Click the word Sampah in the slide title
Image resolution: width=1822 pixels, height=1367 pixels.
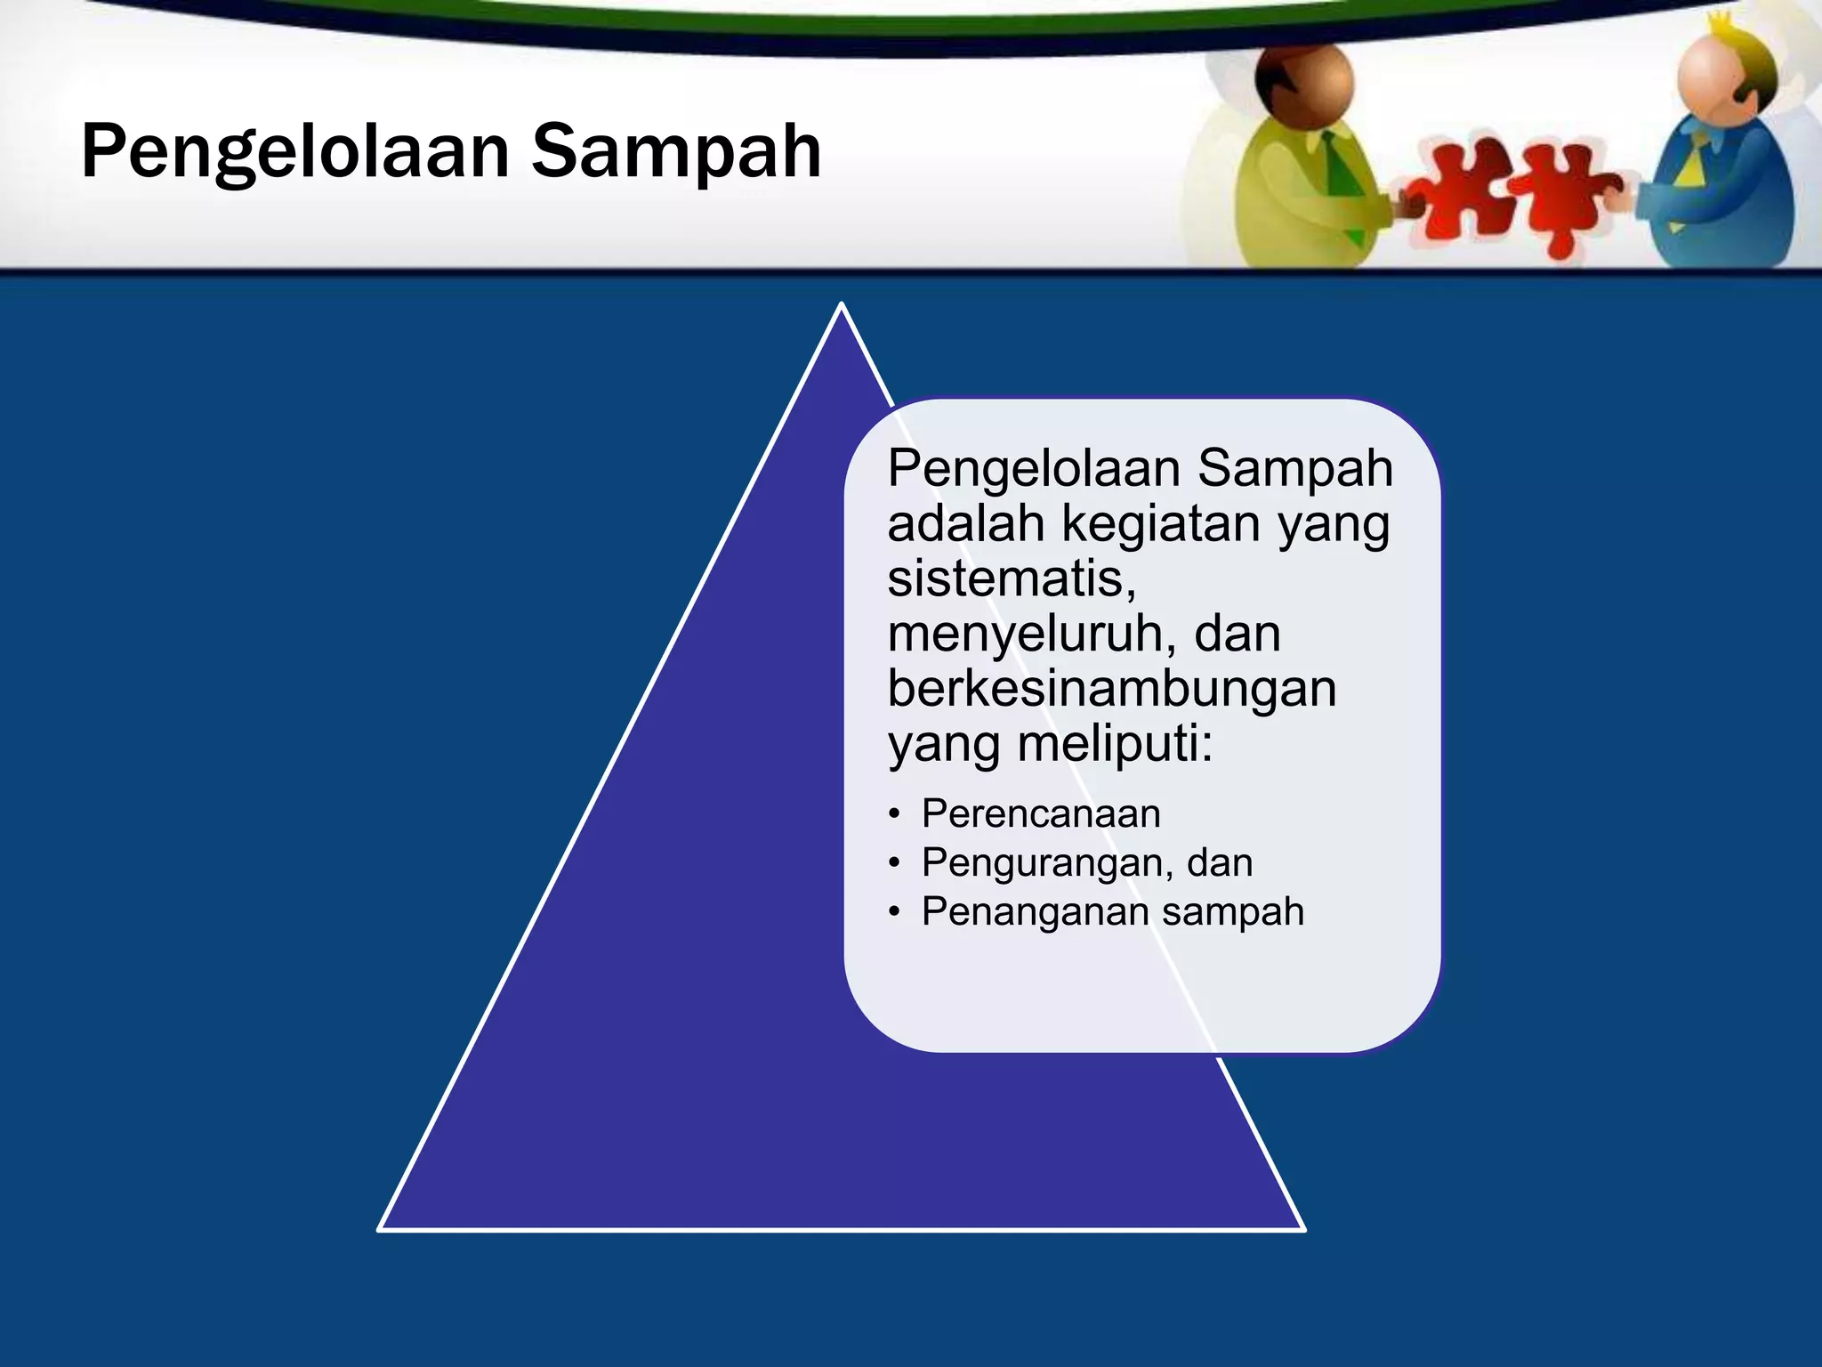click(676, 151)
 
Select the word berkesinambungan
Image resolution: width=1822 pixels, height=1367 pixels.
click(1112, 689)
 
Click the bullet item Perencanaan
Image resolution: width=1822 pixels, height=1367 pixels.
click(1041, 813)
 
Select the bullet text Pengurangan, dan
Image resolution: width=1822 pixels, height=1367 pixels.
click(1087, 862)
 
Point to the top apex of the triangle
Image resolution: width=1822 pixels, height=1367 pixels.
click(841, 305)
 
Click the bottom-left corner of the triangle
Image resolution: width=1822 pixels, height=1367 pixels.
click(381, 1228)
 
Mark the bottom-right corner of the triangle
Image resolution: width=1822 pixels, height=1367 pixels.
click(1302, 1228)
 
